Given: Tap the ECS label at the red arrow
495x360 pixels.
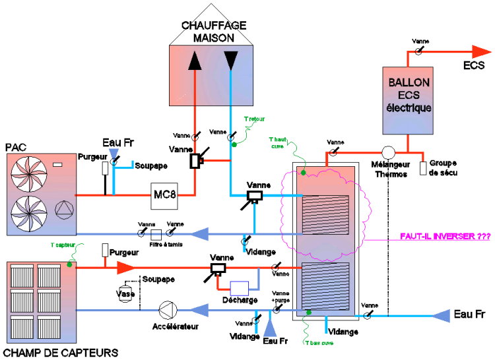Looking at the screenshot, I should [x=473, y=65].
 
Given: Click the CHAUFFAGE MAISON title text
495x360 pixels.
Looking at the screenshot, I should [x=213, y=32].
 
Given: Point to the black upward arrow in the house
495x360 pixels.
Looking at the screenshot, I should [x=195, y=61].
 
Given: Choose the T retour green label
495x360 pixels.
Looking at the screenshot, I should [x=253, y=120].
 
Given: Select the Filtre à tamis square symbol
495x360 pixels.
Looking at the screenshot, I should [x=156, y=234].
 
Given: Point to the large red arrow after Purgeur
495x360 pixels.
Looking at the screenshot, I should [x=125, y=267].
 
